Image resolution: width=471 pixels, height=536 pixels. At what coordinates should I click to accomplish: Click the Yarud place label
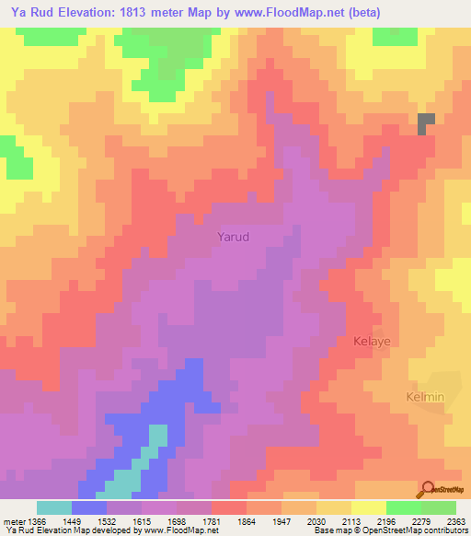[x=233, y=236]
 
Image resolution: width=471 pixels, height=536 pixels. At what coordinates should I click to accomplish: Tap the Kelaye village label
[x=373, y=341]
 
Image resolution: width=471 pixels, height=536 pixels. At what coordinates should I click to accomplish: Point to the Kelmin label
[x=425, y=397]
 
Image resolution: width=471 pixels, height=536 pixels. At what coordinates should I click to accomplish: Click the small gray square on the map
[x=426, y=123]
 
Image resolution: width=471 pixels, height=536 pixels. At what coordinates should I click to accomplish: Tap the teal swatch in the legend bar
[x=54, y=507]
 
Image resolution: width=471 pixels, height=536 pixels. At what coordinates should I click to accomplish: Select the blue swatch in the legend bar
[x=89, y=507]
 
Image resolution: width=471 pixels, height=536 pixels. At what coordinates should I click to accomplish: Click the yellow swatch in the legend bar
[x=369, y=507]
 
